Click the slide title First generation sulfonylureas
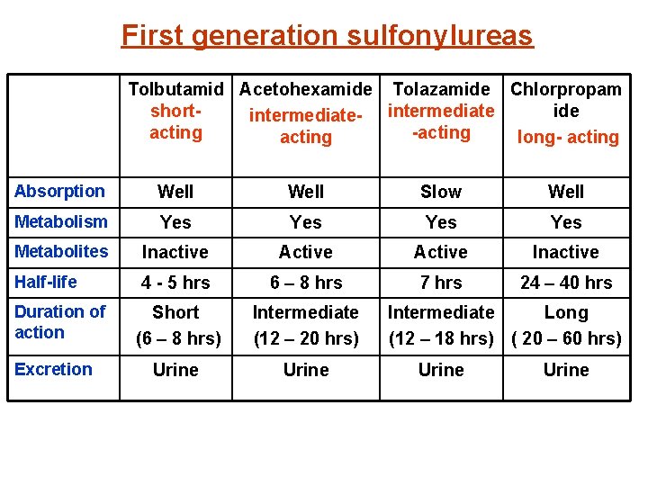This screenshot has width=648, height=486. point(327,35)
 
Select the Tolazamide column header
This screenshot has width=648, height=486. point(441,89)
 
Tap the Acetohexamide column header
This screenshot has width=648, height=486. point(305,89)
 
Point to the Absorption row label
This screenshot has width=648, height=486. point(59,191)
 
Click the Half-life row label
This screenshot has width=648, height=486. point(46,282)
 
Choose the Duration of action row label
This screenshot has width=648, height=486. point(60,321)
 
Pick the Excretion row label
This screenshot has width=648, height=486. point(53,369)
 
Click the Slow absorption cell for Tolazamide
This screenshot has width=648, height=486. point(441,192)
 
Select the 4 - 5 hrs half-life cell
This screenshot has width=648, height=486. point(175,283)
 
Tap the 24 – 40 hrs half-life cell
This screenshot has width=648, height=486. point(566,283)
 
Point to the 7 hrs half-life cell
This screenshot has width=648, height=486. point(441,283)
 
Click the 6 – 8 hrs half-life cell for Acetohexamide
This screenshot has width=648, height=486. point(306,283)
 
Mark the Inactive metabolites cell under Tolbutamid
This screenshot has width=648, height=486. point(175,252)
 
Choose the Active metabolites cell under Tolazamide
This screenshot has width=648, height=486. point(441,252)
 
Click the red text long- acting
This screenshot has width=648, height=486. point(568,137)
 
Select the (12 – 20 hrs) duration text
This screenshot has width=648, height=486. point(306,338)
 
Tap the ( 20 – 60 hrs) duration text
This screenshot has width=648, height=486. point(566,338)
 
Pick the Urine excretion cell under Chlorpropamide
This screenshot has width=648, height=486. point(566,370)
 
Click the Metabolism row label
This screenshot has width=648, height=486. point(60,221)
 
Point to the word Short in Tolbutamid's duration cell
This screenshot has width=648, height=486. point(175,312)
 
